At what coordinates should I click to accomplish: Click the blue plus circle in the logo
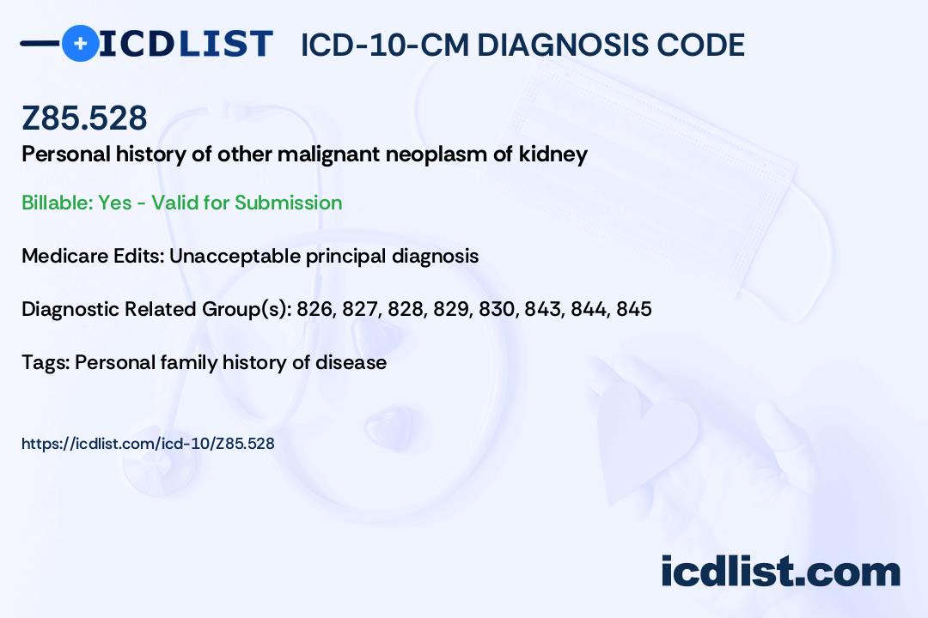81,43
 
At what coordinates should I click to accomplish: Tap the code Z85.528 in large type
84,118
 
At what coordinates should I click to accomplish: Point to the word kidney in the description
553,154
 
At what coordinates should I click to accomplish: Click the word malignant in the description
328,155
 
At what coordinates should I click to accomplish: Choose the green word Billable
58,203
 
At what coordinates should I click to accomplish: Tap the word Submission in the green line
288,203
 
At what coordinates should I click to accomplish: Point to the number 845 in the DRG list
634,309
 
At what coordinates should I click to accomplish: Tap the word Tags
46,362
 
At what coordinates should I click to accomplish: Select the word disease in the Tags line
351,362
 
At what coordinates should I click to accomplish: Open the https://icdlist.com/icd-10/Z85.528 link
148,444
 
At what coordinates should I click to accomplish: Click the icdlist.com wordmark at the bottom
780,571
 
